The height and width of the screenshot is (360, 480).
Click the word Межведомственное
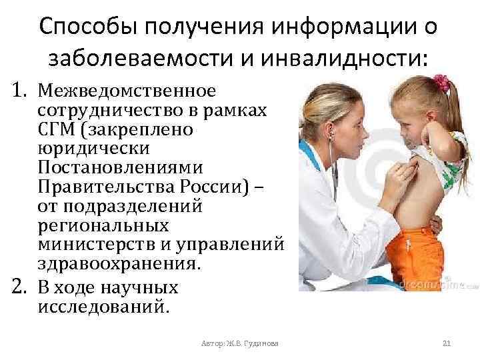pyautogui.click(x=127, y=89)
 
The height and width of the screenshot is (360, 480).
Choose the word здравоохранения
pyautogui.click(x=119, y=262)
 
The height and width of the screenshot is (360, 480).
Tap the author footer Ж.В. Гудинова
pyautogui.click(x=240, y=343)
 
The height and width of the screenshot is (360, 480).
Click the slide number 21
pyautogui.click(x=447, y=343)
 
